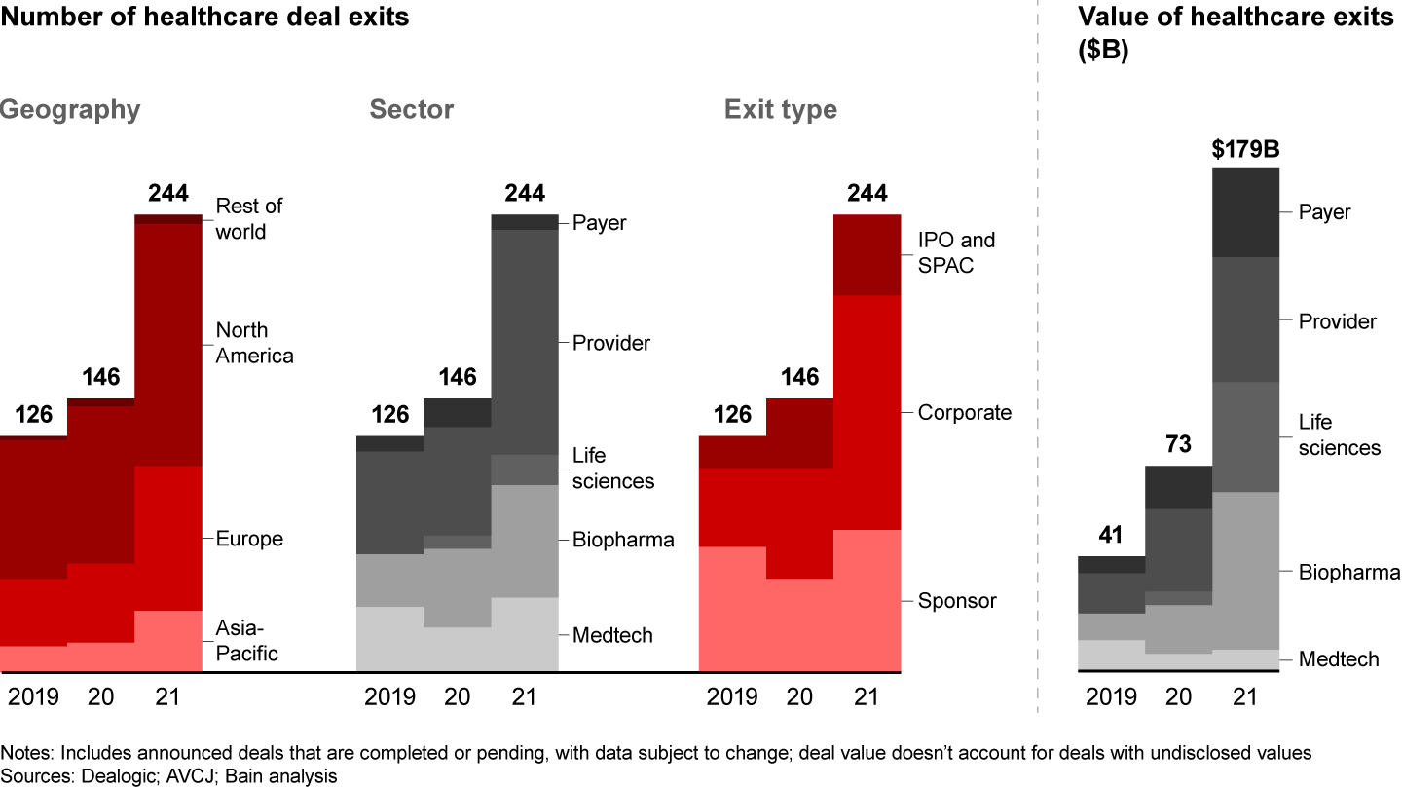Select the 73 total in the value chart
(1178, 445)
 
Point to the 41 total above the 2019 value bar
(1112, 536)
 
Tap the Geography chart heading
(70, 109)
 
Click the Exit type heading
(780, 109)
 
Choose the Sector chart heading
(411, 109)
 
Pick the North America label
(254, 343)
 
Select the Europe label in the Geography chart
(249, 539)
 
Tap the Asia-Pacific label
(246, 640)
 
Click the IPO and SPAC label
(956, 252)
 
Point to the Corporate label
(964, 412)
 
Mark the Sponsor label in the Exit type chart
(957, 600)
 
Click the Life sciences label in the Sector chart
(613, 469)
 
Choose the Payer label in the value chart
(1324, 211)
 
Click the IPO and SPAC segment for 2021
(867, 254)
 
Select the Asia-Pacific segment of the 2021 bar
(167, 641)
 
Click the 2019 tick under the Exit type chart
(732, 696)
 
